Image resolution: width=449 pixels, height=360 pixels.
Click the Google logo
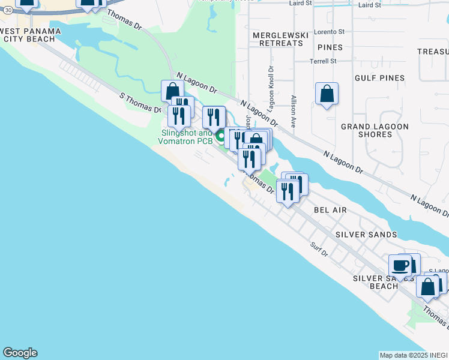tap(20, 353)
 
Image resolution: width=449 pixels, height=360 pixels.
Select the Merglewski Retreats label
tap(277, 39)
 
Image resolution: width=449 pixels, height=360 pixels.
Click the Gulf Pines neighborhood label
tap(379, 78)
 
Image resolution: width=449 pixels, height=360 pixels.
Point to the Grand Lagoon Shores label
tap(375, 130)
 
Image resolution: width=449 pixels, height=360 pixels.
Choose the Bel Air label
tap(330, 210)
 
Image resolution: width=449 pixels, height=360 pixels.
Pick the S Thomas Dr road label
tap(140, 103)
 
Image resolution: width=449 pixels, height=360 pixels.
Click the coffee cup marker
tap(400, 265)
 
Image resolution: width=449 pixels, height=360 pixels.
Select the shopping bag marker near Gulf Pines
tap(327, 93)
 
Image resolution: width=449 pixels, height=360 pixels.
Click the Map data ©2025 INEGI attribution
tap(414, 355)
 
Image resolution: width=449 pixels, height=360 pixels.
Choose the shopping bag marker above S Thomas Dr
tap(172, 91)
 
